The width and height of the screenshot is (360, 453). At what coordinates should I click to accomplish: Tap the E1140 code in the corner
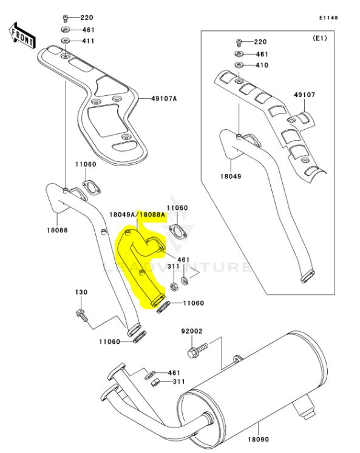(328, 18)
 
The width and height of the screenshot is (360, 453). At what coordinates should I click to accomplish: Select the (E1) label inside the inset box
(319, 38)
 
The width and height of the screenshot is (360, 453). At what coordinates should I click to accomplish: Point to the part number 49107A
(164, 99)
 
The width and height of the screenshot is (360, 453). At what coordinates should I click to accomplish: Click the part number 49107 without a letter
(305, 95)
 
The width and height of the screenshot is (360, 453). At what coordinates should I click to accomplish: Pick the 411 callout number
(88, 41)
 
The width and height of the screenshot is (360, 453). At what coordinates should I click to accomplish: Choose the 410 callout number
(262, 65)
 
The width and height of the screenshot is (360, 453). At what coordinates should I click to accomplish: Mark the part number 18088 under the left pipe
(57, 230)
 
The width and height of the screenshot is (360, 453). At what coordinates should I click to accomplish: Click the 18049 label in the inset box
(231, 176)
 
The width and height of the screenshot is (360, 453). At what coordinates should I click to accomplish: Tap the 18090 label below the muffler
(258, 440)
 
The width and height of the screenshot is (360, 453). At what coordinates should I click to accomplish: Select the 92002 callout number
(192, 331)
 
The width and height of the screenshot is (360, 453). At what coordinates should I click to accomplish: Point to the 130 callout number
(81, 292)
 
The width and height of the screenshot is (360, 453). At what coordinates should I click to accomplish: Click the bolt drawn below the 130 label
(82, 316)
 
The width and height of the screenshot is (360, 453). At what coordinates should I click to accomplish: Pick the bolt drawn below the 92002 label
(198, 350)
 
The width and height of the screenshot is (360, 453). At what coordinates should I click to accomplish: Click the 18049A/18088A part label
(137, 215)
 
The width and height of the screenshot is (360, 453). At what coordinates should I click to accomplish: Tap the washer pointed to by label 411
(66, 41)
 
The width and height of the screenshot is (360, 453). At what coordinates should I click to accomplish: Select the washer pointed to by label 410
(239, 65)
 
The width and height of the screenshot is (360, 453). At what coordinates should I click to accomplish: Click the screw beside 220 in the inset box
(239, 43)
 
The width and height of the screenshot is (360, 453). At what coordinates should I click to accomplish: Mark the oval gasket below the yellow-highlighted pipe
(163, 307)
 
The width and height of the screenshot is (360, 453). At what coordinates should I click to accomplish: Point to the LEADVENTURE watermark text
(177, 267)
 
